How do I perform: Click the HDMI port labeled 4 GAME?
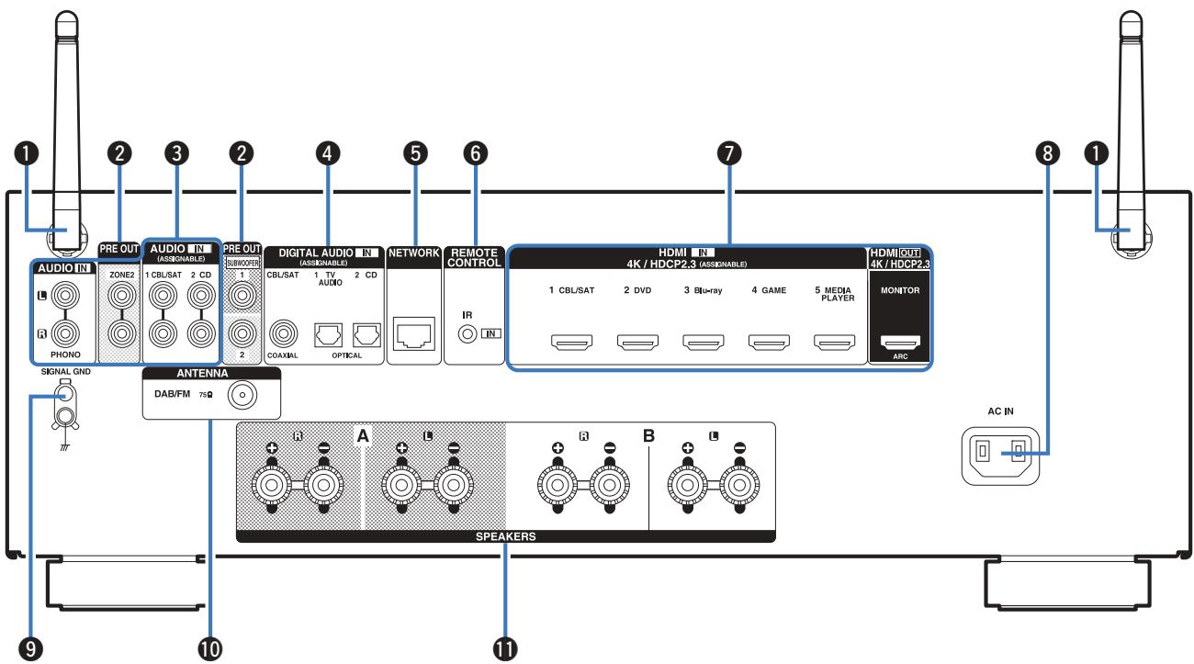769,342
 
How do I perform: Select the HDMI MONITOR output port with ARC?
900,342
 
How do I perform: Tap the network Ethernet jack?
413,333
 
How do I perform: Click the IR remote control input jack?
467,334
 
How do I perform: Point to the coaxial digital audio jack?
283,333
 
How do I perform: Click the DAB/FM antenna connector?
242,396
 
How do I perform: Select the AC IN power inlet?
1000,456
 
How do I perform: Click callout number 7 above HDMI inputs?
729,153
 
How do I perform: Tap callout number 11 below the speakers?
505,649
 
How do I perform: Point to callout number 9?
30,649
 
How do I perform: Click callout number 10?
210,649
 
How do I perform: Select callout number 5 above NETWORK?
415,153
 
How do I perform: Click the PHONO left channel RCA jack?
65,295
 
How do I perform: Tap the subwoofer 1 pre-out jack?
242,295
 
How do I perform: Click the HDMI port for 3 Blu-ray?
704,342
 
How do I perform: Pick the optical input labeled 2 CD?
367,335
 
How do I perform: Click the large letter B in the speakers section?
648,436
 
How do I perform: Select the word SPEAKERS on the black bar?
506,536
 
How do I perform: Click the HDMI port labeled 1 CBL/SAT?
571,342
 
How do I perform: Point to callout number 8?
1047,153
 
